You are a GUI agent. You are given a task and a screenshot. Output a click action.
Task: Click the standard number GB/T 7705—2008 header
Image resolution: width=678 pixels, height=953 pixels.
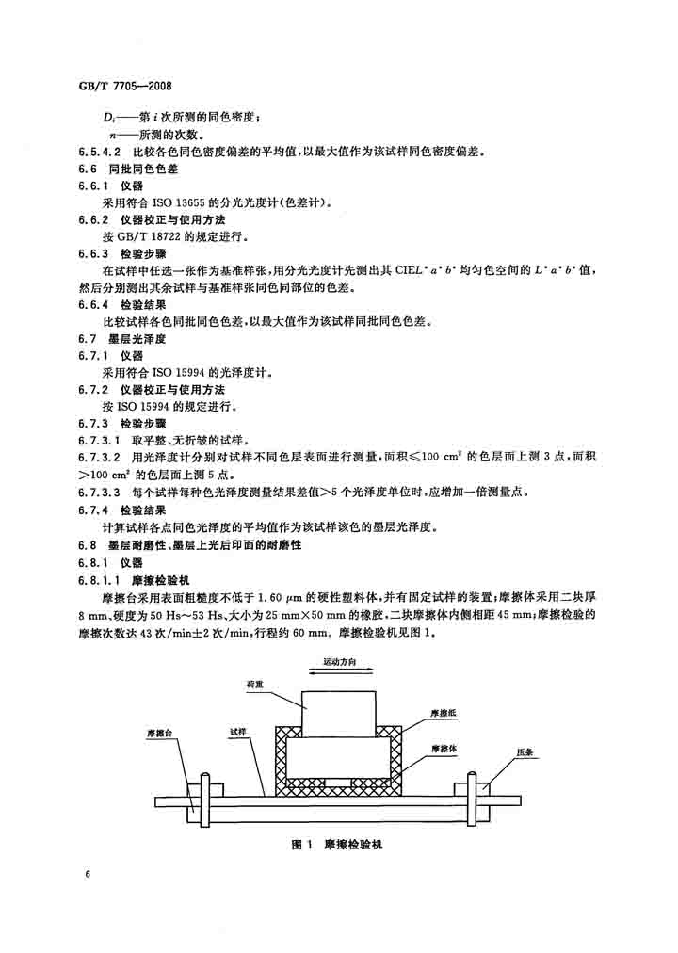(x=125, y=86)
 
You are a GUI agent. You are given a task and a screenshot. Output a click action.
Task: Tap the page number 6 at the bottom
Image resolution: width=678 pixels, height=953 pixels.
(x=89, y=874)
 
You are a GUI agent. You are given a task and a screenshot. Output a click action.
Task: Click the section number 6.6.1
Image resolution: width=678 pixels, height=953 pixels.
(x=93, y=186)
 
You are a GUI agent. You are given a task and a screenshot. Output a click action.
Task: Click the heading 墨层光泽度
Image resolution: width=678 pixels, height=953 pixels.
(x=137, y=339)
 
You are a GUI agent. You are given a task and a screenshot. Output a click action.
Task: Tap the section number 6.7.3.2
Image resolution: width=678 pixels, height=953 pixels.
(x=100, y=457)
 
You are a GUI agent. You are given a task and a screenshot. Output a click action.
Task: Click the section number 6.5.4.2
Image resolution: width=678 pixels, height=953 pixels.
(x=100, y=152)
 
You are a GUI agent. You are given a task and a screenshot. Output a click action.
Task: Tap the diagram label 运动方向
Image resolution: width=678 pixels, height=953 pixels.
(x=340, y=662)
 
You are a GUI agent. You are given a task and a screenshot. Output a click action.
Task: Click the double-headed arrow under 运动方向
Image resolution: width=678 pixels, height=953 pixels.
(x=340, y=671)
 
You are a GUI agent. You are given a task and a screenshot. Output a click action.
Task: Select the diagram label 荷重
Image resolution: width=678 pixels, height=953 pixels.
(x=255, y=684)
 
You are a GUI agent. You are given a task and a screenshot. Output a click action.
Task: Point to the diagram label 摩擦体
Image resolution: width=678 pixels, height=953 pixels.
(x=444, y=749)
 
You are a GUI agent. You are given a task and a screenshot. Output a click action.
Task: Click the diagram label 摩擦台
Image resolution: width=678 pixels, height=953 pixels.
(x=160, y=733)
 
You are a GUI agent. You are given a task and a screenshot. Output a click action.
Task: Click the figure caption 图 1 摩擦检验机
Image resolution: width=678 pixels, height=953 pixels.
(x=337, y=844)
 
